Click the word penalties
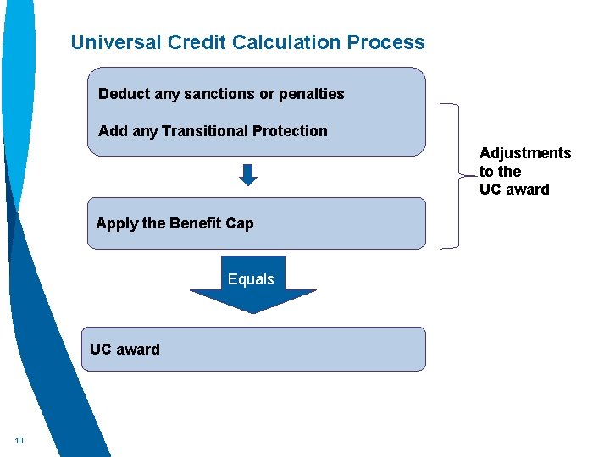coord(311,94)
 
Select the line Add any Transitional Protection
coord(213,131)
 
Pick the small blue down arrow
coord(247,175)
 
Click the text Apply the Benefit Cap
coord(175,223)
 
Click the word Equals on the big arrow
coord(251,279)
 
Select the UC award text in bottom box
coord(125,350)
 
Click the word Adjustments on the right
coord(525,153)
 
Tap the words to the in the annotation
coord(500,172)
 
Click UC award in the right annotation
coord(514,190)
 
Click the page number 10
coord(19,440)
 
